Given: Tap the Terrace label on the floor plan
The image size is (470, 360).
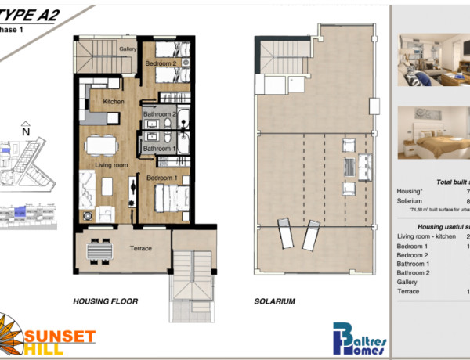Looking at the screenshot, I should pos(140,249).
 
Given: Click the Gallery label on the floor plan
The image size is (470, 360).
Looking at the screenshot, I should pos(128,48).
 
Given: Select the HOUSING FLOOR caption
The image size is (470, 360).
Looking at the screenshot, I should pos(105,301).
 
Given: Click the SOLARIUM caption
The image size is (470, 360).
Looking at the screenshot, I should pos(274,301).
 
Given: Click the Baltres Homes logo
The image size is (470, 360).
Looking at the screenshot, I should pos(361,338).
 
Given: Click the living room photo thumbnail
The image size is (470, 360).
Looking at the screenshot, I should pos(433,60).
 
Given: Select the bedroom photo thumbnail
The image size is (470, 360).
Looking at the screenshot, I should pos(433,132).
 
